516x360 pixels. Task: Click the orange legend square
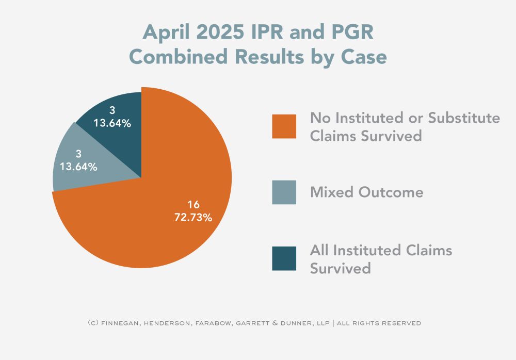point(284,126)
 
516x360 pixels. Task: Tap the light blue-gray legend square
point(284,192)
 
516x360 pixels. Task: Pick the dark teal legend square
point(284,258)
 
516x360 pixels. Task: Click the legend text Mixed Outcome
point(366,192)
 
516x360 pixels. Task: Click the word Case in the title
point(365,57)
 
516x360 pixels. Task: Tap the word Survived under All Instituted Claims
point(340,268)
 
